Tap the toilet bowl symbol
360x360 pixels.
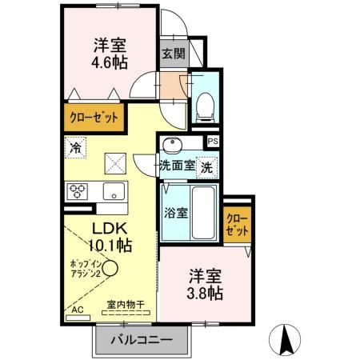[x=204, y=104]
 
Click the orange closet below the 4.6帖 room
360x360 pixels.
[x=94, y=117]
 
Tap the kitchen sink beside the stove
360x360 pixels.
[x=110, y=191]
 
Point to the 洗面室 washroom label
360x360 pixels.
[x=177, y=166]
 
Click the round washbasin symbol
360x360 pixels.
[x=172, y=145]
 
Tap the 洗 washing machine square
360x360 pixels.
[x=206, y=168]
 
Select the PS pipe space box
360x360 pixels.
[x=212, y=142]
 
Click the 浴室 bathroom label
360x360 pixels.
[x=176, y=214]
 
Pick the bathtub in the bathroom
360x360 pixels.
[x=203, y=213]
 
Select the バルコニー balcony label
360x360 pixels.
[x=146, y=339]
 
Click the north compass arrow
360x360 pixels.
[x=286, y=339]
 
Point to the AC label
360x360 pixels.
[x=77, y=309]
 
